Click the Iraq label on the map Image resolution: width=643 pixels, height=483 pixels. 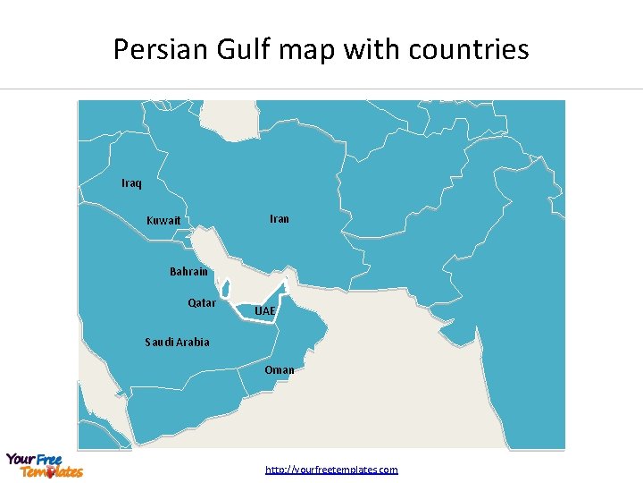tap(131, 183)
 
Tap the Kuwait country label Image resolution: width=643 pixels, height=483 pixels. tap(163, 221)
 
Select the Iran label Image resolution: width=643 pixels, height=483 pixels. tap(280, 218)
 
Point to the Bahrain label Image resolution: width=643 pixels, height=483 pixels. tap(188, 272)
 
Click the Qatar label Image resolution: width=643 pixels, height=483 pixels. tap(202, 303)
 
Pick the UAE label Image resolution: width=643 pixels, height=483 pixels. tap(265, 311)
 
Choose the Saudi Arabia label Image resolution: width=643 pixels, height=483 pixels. tap(177, 342)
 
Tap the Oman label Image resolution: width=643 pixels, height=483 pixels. tap(280, 369)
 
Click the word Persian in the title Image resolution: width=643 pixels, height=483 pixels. tap(163, 49)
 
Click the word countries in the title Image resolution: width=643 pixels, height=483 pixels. tap(469, 49)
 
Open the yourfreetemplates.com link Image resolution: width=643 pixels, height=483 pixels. tap(331, 470)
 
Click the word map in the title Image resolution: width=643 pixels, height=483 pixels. tap(311, 49)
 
